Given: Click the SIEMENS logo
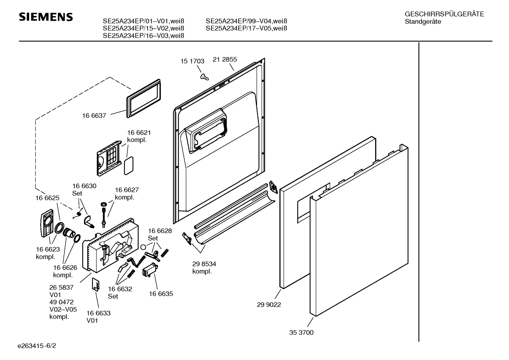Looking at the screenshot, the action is [46, 17].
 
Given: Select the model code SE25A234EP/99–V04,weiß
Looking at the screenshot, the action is [246, 21].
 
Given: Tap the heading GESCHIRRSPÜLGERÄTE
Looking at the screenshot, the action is [444, 14].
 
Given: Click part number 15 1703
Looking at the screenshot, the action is [192, 61].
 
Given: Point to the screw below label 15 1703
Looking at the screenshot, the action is [204, 77].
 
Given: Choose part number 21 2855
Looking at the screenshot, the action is [225, 59].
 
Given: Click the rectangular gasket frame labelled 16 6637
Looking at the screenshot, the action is [143, 99].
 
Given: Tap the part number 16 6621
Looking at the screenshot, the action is [139, 132].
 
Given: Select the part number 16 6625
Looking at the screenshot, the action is [47, 198].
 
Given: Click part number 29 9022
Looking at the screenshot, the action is [269, 305].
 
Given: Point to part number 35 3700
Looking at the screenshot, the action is [301, 332].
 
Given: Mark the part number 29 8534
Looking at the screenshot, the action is [204, 264].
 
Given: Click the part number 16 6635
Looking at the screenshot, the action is [161, 294].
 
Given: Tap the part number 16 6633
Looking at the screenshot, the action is [98, 313].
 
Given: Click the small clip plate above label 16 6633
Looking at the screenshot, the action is [96, 284].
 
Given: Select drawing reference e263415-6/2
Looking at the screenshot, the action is [37, 346].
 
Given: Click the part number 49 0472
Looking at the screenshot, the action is [61, 302].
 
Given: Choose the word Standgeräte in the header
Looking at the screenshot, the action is [423, 22].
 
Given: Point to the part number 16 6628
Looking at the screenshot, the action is [160, 231].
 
